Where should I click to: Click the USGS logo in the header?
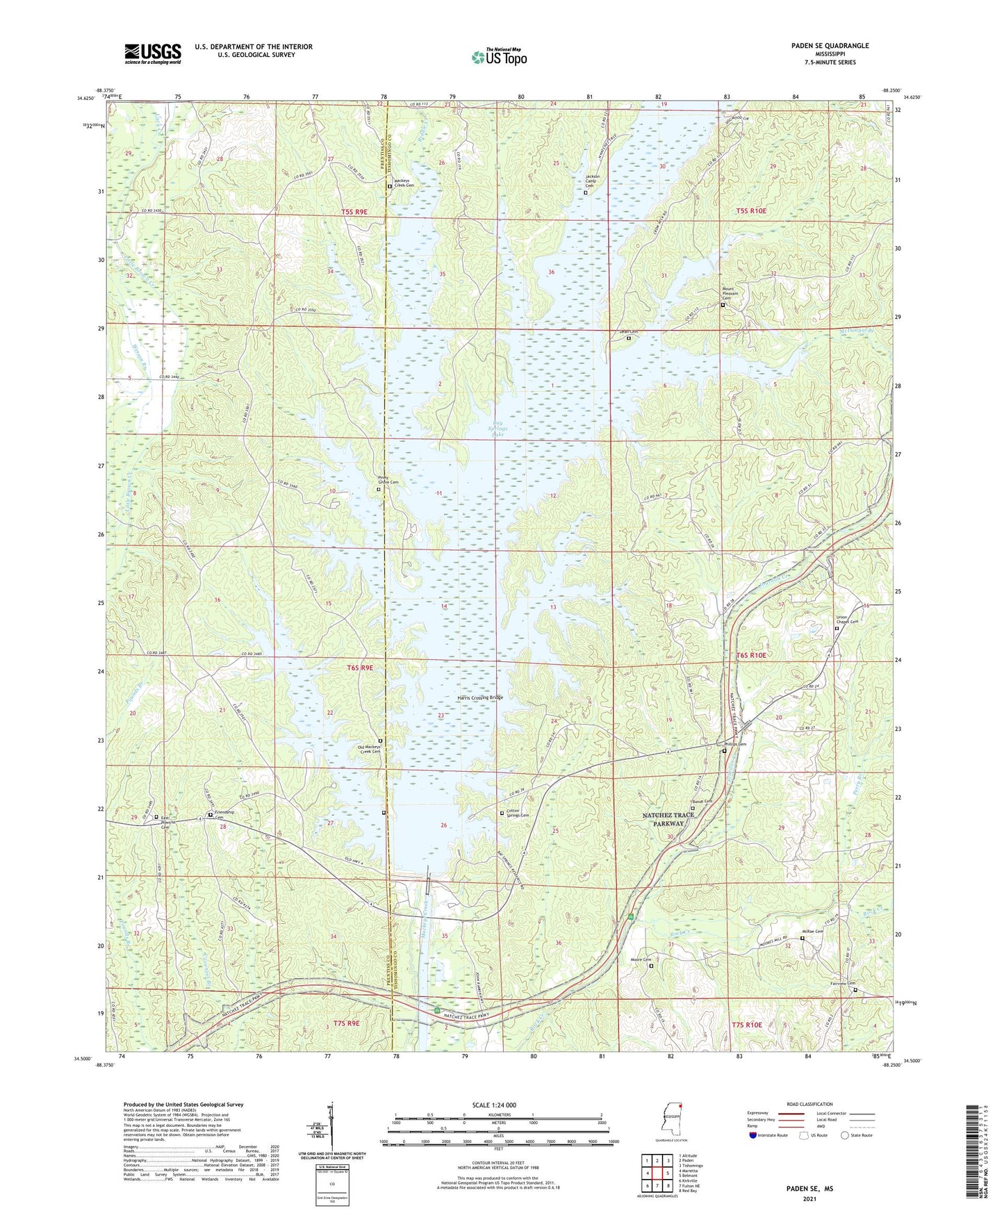pyautogui.click(x=152, y=53)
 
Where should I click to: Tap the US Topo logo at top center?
pyautogui.click(x=499, y=57)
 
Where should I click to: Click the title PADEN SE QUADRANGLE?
pyautogui.click(x=830, y=46)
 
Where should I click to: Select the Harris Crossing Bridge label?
pyautogui.click(x=479, y=698)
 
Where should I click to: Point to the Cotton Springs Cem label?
pyautogui.click(x=518, y=813)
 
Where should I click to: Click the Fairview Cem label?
pyautogui.click(x=843, y=983)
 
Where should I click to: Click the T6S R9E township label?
pyautogui.click(x=360, y=668)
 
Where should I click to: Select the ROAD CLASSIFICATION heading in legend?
pyautogui.click(x=809, y=1104)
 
